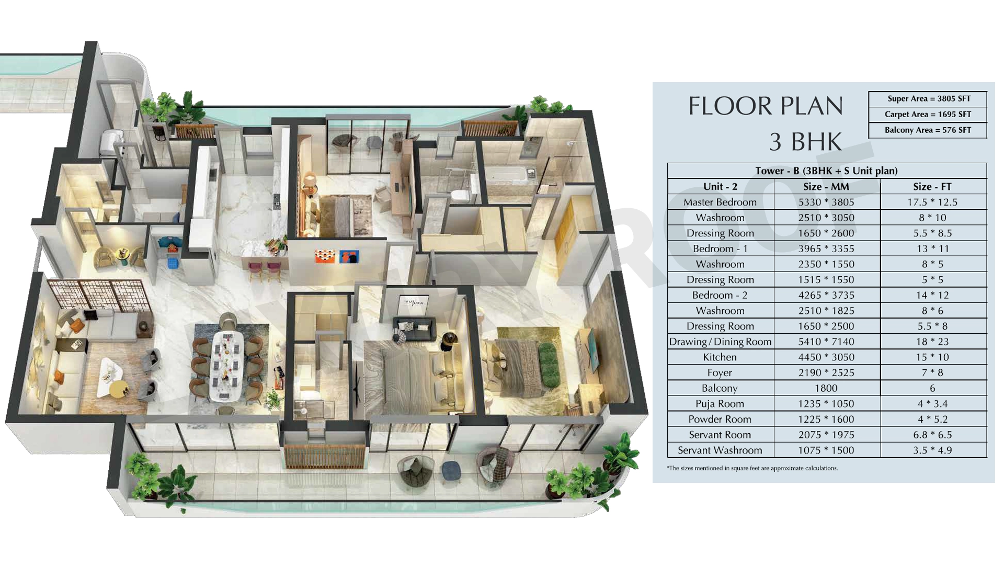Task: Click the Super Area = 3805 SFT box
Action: tap(928, 99)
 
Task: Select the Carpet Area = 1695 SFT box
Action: tap(928, 115)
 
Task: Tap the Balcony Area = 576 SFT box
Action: tap(928, 130)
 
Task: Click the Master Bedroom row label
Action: tap(720, 202)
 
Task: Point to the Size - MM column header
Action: tap(826, 187)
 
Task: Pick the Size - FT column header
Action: tap(932, 187)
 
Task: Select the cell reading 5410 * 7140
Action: tap(826, 342)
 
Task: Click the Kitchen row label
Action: tap(720, 357)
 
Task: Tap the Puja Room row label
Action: tap(720, 404)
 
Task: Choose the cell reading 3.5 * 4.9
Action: tap(933, 450)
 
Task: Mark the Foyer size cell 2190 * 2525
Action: tap(826, 372)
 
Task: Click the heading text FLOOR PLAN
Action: tap(766, 106)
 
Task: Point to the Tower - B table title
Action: tap(826, 171)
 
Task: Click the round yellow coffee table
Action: tap(119, 389)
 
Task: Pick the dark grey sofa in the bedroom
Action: tap(414, 329)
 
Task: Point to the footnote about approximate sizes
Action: tap(752, 468)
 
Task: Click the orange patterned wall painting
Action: tap(325, 256)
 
